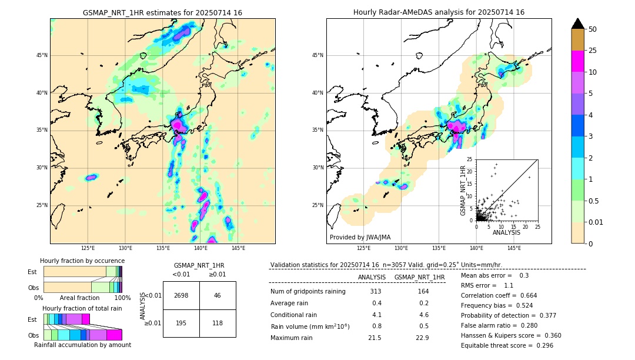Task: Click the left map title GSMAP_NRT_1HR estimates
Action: tap(162, 12)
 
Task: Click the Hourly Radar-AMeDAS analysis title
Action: tap(439, 12)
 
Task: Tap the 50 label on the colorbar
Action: tap(593, 29)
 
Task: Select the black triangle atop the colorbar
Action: tap(578, 24)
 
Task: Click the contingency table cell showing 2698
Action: tap(181, 295)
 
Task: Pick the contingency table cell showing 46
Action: tap(218, 295)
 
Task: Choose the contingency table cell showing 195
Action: tap(181, 323)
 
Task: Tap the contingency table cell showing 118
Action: tap(218, 323)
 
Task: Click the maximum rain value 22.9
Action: tap(422, 338)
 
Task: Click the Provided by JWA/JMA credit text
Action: tap(360, 237)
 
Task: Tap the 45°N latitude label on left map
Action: tap(42, 55)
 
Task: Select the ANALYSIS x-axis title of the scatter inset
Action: tap(506, 232)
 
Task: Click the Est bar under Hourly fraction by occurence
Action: tap(82, 271)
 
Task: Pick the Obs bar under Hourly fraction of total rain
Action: tap(82, 335)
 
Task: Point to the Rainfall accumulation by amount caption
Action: tap(82, 345)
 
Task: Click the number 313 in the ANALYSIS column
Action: tap(376, 292)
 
